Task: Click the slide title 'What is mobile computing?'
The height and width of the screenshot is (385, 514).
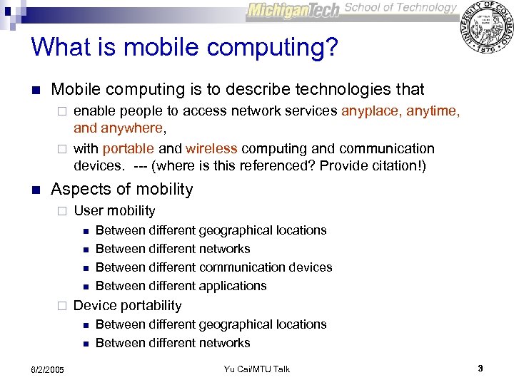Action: pos(184,47)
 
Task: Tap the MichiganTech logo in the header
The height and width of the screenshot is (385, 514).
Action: pos(293,11)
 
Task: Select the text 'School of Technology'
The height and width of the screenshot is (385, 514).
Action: pos(400,8)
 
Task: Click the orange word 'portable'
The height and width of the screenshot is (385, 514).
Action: pos(128,148)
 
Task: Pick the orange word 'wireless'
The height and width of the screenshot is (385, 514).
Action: pos(211,148)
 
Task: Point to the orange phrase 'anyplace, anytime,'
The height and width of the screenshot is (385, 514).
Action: pos(400,111)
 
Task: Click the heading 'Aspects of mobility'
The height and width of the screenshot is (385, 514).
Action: pos(122,189)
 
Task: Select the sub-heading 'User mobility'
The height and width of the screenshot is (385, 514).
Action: pos(114,210)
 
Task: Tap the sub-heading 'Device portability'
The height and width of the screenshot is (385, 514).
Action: pos(128,305)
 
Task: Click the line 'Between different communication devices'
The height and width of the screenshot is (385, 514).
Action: pos(213,267)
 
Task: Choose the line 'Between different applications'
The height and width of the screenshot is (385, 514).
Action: pos(181,286)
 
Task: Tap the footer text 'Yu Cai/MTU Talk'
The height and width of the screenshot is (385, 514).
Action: pos(257,369)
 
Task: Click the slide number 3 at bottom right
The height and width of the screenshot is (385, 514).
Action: pos(480,368)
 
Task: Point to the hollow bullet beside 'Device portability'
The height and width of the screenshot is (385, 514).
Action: pos(61,306)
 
